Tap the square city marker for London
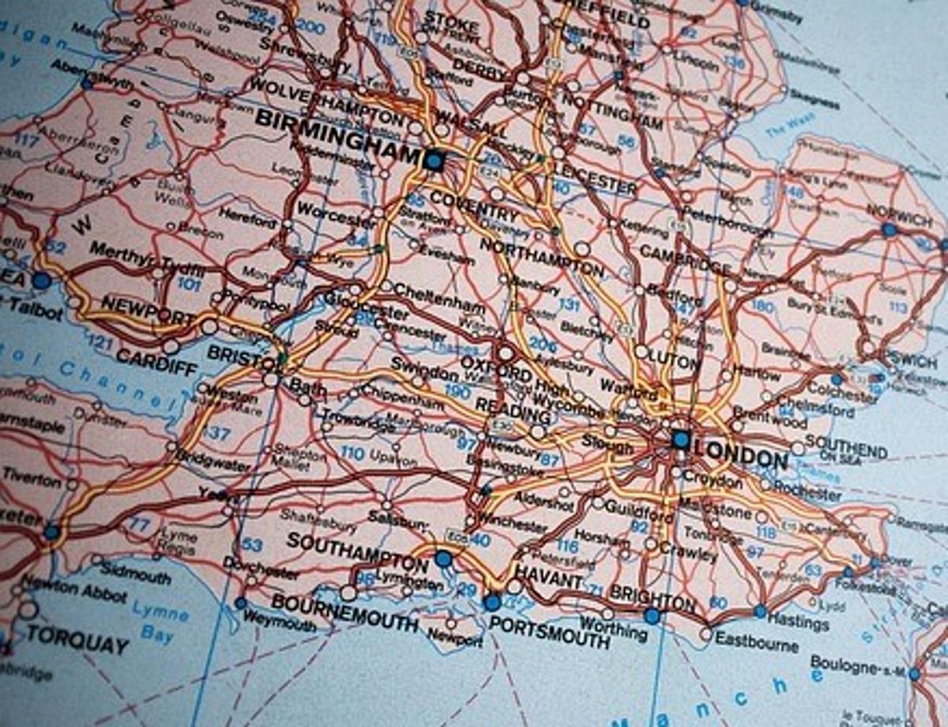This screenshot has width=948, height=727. coord(680,439)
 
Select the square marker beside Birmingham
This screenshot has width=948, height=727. coord(433,161)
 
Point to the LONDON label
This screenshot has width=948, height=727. coord(743,456)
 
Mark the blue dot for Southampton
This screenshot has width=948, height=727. coord(443,559)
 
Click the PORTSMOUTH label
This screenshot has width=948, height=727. coord(549,630)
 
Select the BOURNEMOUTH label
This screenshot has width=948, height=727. coord(344,612)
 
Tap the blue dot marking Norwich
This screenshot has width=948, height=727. coord(890,230)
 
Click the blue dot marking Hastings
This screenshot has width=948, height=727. coord(760,611)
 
